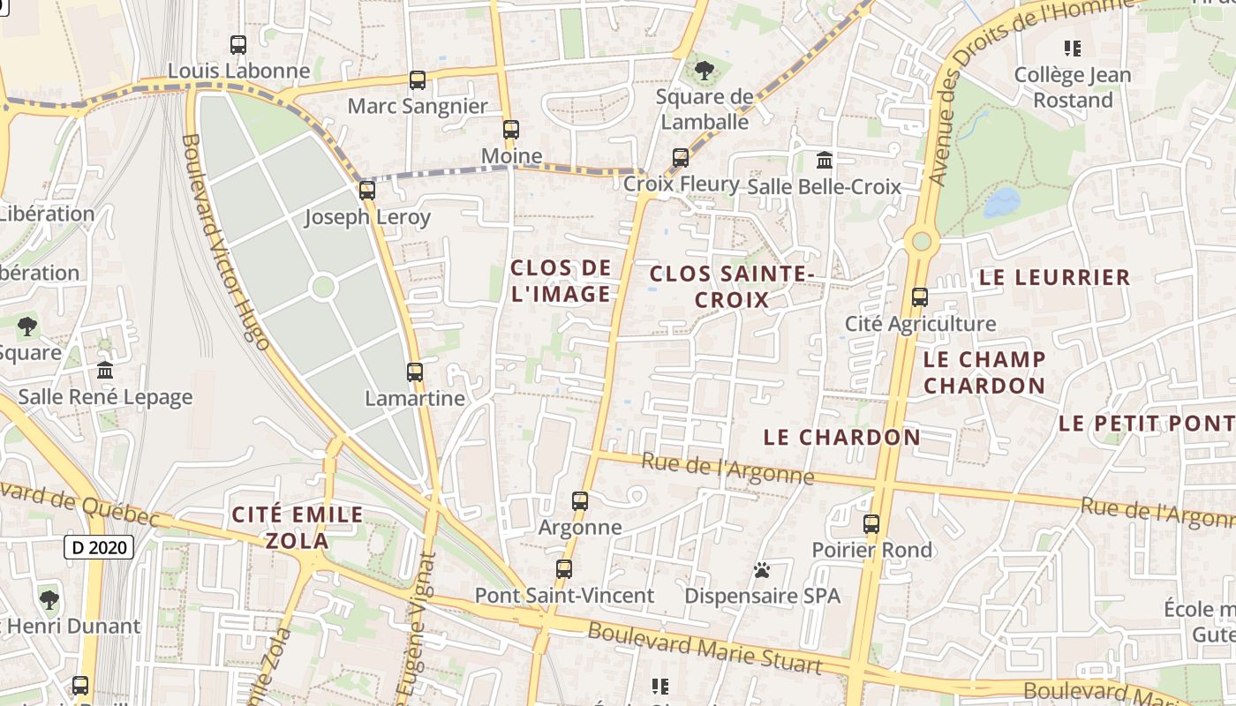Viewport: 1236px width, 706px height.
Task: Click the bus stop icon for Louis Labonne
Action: (237, 44)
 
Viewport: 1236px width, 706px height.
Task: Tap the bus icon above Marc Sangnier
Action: (418, 80)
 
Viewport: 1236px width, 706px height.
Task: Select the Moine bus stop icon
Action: (510, 130)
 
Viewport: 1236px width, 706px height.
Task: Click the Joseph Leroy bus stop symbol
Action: (367, 190)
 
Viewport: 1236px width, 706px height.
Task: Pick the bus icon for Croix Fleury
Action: (680, 158)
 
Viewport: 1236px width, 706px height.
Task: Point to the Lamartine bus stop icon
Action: (415, 372)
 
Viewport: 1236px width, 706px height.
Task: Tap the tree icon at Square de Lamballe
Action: (704, 71)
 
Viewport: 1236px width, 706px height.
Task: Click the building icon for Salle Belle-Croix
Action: (825, 161)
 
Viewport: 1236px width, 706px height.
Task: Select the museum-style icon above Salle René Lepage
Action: (105, 370)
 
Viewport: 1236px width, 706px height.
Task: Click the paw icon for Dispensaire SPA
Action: (762, 570)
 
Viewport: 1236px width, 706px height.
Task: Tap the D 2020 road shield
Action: (99, 547)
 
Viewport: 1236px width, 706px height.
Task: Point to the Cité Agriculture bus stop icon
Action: (920, 297)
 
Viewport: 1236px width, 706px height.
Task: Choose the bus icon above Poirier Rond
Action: (871, 524)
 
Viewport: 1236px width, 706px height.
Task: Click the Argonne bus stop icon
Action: (580, 501)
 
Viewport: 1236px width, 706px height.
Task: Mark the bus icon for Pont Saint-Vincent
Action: (564, 569)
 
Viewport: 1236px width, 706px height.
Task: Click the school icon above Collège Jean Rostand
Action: (1073, 49)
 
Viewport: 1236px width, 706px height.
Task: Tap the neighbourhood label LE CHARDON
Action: (841, 437)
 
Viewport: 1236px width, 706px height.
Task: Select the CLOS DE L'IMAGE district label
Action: (561, 281)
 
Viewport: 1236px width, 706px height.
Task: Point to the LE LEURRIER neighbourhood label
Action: (1054, 277)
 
